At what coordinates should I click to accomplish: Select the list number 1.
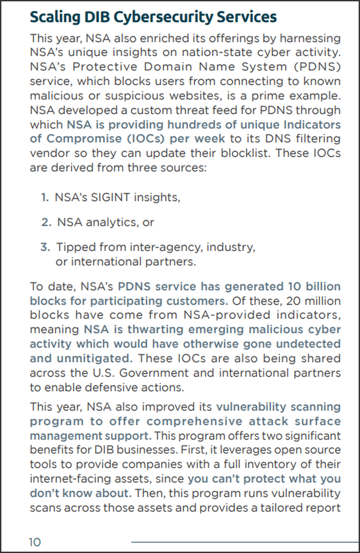coord(44,197)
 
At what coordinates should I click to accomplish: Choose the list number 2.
coord(46,222)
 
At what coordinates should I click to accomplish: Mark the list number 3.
coord(45,247)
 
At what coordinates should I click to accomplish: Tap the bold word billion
coord(318,286)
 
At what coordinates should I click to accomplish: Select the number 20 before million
coord(285,300)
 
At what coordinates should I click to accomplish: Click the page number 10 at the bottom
coord(35,542)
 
